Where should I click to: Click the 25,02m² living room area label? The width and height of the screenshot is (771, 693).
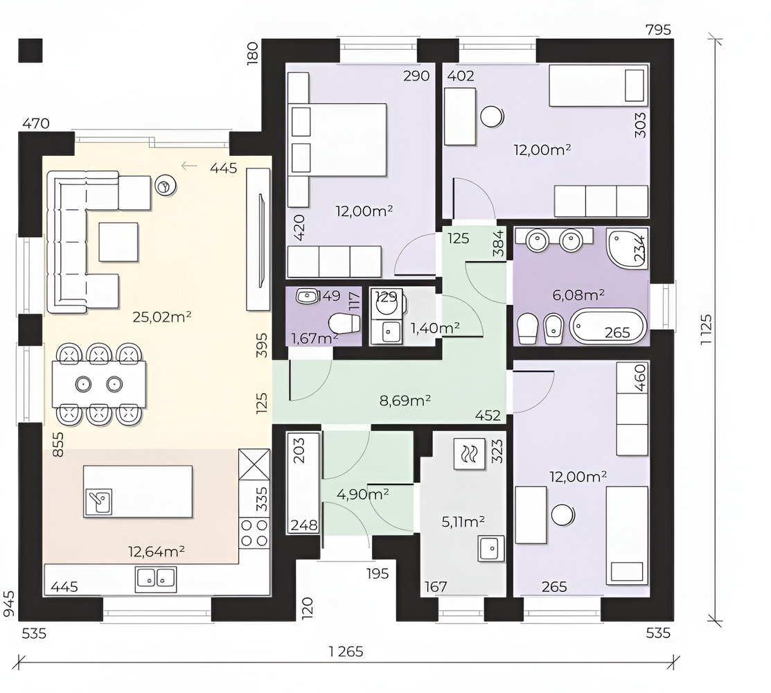pos(162,317)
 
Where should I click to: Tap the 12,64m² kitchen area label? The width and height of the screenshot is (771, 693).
pos(157,552)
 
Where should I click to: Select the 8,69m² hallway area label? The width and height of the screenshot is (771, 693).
pos(405,401)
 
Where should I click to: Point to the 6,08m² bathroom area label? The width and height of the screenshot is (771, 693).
pos(578,295)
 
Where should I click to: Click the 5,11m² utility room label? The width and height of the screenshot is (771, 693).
pos(463,521)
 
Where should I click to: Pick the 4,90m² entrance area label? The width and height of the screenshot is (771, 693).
pos(363,494)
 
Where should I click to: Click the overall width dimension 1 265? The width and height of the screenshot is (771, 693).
pos(346,651)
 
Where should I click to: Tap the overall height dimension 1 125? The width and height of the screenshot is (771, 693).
pos(706,330)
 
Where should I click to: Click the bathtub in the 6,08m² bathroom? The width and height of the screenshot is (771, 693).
pos(608,326)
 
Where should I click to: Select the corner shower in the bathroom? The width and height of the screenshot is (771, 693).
pos(627,248)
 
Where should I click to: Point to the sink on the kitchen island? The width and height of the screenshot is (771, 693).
pos(98,502)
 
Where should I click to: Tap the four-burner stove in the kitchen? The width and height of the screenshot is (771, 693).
pos(254,533)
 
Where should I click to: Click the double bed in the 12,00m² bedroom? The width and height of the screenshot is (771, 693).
pos(338,140)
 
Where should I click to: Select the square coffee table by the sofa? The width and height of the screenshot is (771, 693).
pos(118,242)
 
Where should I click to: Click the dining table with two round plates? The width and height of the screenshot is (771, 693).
pos(99,384)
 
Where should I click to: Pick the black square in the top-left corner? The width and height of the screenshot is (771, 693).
pos(30,51)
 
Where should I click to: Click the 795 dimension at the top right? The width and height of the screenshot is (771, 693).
pos(658,30)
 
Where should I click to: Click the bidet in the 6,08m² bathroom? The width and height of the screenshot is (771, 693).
pos(553,328)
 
